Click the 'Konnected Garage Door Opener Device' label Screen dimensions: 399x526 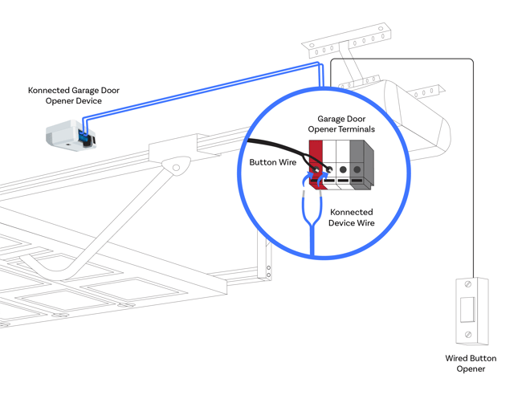73,96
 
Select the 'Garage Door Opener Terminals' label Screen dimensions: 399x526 345,124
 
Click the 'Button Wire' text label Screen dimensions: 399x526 272,161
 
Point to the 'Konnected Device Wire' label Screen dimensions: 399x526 352,217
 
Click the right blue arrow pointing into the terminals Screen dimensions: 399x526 324,177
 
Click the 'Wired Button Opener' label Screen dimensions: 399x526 471,363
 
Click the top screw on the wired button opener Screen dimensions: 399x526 468,284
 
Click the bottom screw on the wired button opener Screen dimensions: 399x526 468,334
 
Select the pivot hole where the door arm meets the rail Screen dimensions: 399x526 176,167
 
